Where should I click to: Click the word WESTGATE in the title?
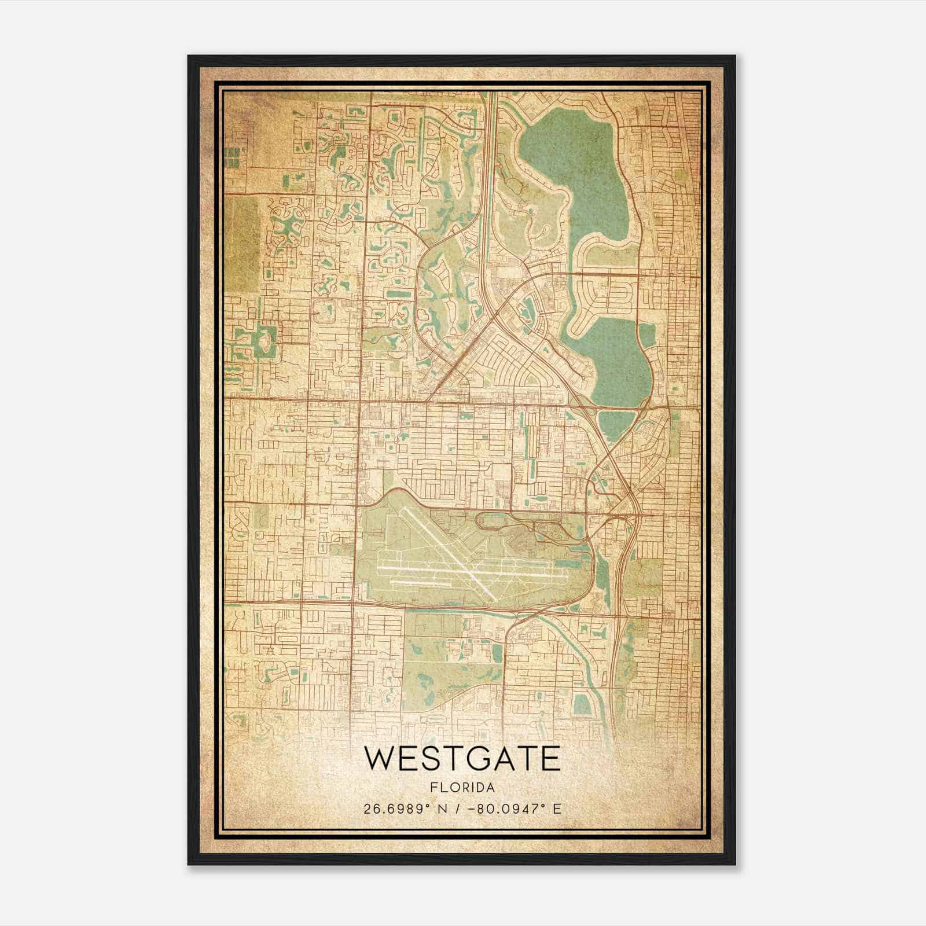click(x=462, y=759)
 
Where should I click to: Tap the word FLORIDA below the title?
click(x=462, y=788)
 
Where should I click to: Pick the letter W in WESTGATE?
click(x=377, y=759)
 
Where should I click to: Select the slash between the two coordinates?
click(x=459, y=809)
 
